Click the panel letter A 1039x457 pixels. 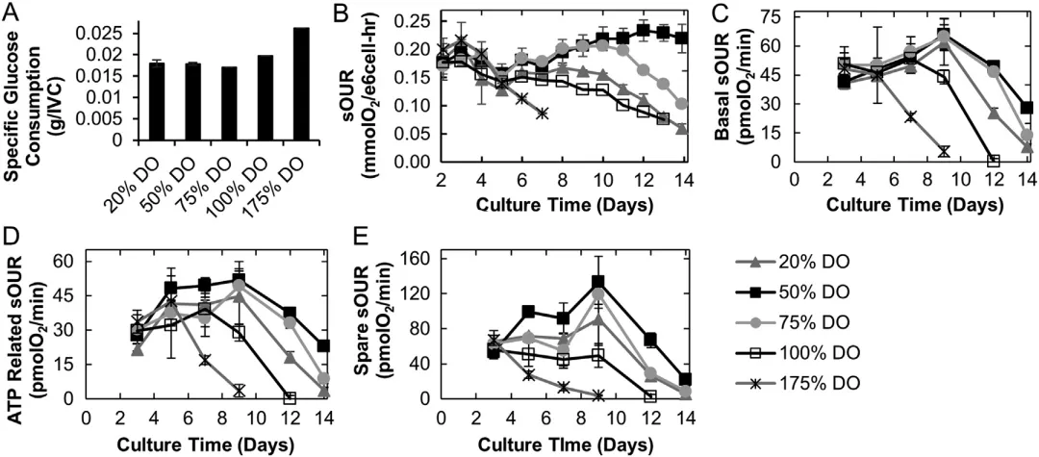(12, 13)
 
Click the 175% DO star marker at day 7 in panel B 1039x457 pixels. (543, 113)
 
